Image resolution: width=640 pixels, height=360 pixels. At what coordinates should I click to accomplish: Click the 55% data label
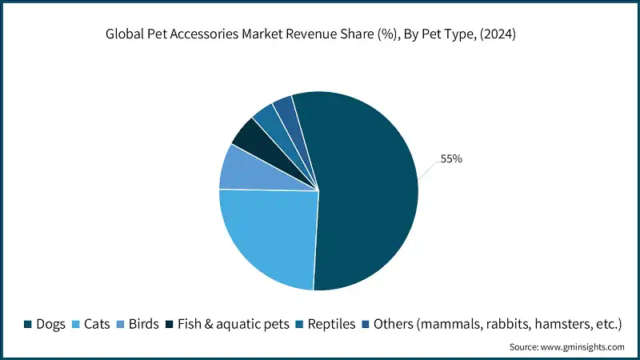pyautogui.click(x=451, y=159)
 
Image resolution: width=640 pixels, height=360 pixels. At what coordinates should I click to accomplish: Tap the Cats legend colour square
pyautogui.click(x=76, y=324)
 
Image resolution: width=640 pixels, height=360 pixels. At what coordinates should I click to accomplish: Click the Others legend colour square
pyautogui.click(x=364, y=324)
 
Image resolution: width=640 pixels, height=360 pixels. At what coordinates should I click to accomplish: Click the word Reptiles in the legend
pyautogui.click(x=332, y=324)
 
